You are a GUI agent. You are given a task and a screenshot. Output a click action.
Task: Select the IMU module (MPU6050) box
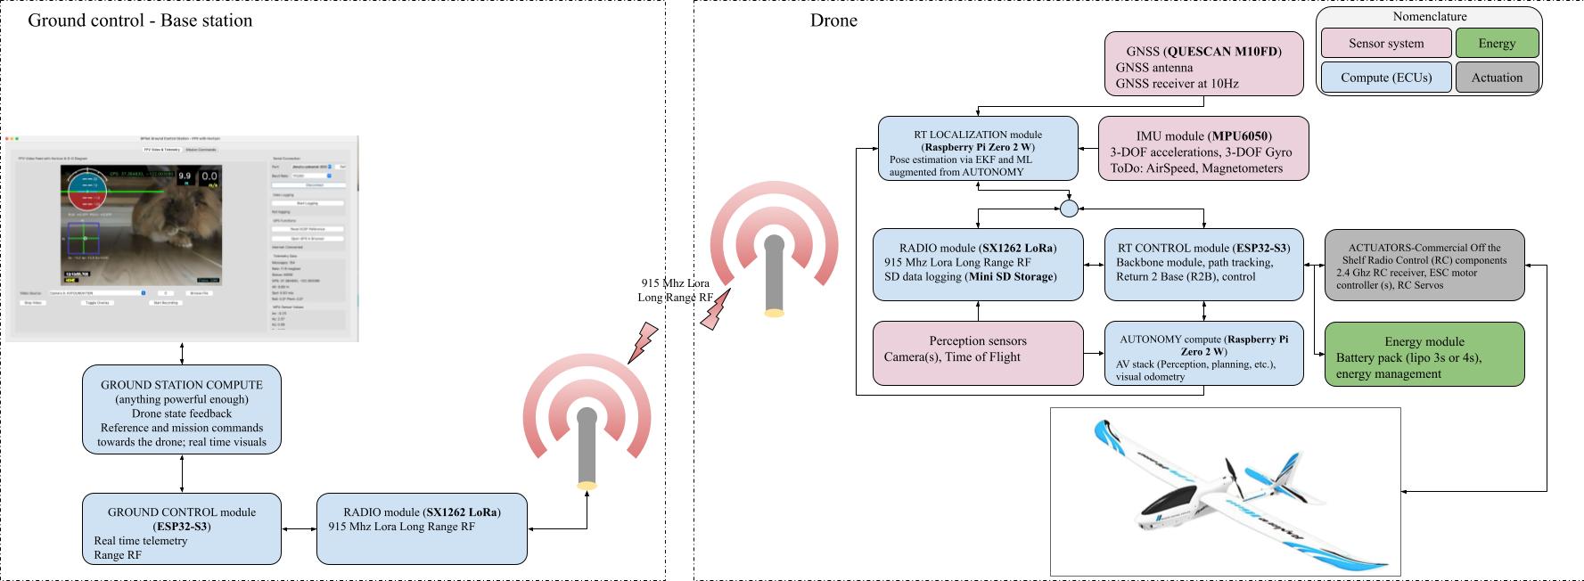(1203, 149)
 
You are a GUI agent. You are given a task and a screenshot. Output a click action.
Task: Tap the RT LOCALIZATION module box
(977, 149)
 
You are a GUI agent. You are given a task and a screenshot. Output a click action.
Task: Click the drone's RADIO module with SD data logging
(978, 264)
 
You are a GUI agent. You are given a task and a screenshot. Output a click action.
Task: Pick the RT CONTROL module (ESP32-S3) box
(1203, 264)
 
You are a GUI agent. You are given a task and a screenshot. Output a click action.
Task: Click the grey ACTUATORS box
(1424, 265)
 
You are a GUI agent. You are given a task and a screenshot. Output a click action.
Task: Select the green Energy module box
(1424, 355)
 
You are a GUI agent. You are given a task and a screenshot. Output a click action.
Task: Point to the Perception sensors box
(977, 354)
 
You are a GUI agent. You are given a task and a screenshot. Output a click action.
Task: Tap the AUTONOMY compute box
(1203, 354)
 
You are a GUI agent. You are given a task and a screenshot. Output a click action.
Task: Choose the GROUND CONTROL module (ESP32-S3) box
(182, 529)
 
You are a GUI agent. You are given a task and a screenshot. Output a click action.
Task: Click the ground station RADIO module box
(422, 529)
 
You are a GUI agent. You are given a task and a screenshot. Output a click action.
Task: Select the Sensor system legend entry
(1385, 44)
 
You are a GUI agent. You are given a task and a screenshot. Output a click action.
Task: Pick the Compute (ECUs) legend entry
(1385, 78)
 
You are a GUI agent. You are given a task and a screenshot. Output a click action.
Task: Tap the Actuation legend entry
(1497, 78)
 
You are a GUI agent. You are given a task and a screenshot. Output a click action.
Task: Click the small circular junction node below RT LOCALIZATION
(1069, 209)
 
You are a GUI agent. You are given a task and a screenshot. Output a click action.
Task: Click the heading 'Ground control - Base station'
(140, 20)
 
